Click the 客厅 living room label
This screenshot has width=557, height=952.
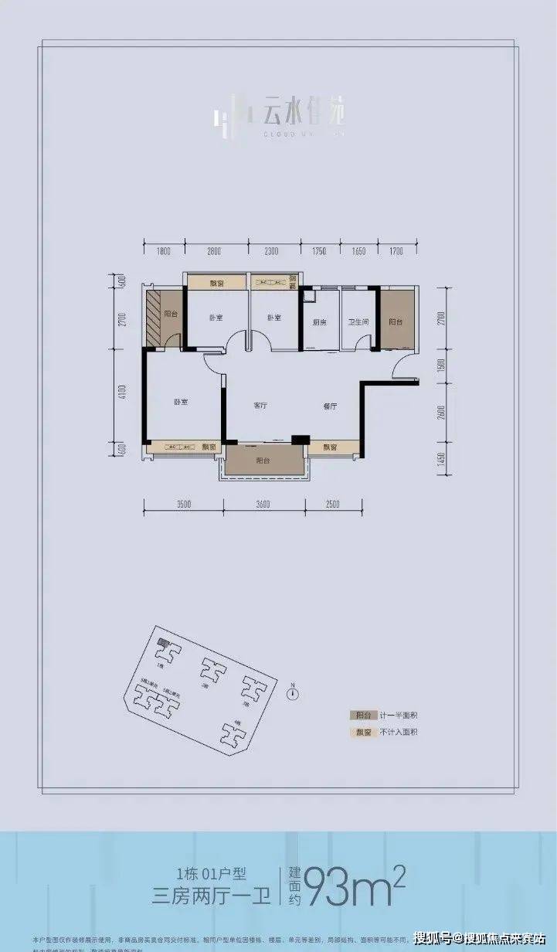260,406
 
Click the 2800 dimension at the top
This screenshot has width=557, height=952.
214,251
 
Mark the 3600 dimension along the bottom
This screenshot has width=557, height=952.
263,505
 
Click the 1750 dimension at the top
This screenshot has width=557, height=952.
320,251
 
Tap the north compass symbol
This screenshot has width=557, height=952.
292,693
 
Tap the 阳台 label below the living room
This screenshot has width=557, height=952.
262,461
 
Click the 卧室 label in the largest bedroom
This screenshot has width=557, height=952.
181,403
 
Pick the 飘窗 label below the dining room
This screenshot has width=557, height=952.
330,447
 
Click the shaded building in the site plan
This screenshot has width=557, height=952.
162,643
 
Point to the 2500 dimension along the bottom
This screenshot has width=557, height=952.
332,505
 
